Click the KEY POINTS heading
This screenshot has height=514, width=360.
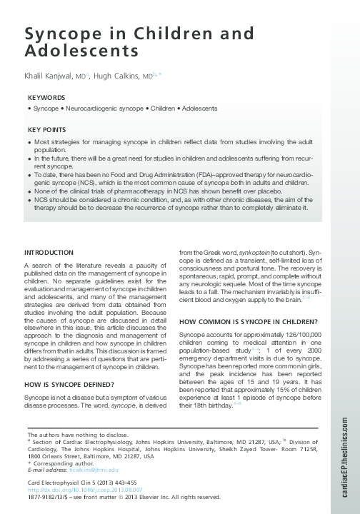tap(46, 130)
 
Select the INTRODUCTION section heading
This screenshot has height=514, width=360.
tap(49, 253)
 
